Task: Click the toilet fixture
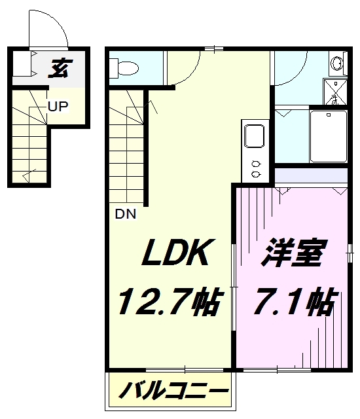pyautogui.click(x=124, y=68)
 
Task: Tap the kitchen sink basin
pyautogui.click(x=254, y=136)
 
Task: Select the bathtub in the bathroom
pyautogui.click(x=329, y=136)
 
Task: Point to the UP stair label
pyautogui.click(x=58, y=106)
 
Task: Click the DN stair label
pyautogui.click(x=126, y=214)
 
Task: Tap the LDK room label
pyautogui.click(x=179, y=251)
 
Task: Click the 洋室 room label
pyautogui.click(x=294, y=252)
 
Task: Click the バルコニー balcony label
pyautogui.click(x=173, y=392)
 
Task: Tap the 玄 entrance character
pyautogui.click(x=60, y=68)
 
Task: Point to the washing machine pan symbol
pyautogui.click(x=335, y=92)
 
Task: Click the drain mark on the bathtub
pyautogui.click(x=329, y=115)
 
